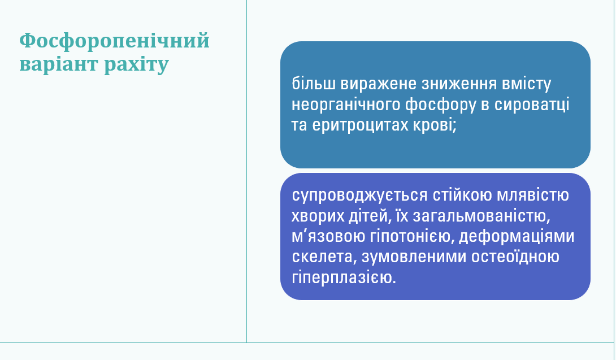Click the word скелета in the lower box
[x=320, y=257]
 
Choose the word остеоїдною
[x=513, y=257]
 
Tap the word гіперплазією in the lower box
[x=343, y=277]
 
